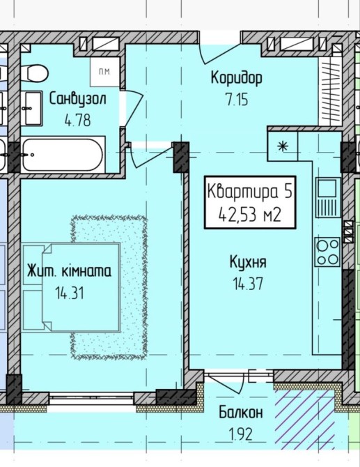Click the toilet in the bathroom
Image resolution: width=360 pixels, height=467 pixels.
click(x=35, y=72)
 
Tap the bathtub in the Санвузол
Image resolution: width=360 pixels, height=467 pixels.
click(x=63, y=155)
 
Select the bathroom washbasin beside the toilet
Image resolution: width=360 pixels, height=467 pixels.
click(x=32, y=109)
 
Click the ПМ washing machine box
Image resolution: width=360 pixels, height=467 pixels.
click(x=105, y=72)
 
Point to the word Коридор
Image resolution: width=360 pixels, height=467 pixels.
click(x=237, y=78)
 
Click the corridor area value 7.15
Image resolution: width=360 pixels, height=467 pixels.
click(x=237, y=100)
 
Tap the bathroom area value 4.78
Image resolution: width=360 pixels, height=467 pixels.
click(x=78, y=121)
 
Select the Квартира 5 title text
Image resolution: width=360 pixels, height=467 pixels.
click(x=249, y=191)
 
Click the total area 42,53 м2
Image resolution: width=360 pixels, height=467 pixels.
click(x=250, y=215)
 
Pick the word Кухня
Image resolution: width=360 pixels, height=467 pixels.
click(x=248, y=262)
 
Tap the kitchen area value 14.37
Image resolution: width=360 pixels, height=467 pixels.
click(x=248, y=283)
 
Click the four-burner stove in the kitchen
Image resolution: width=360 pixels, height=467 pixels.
click(x=327, y=252)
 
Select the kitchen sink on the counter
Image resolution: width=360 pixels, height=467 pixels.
click(x=328, y=197)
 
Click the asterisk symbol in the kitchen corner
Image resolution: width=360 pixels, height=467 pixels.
click(x=283, y=146)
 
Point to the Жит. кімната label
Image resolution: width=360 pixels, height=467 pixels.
click(x=70, y=271)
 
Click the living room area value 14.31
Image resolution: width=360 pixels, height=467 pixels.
click(x=70, y=293)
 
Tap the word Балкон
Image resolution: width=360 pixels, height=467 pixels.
click(x=241, y=413)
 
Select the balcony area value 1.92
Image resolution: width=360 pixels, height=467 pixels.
click(x=241, y=434)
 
